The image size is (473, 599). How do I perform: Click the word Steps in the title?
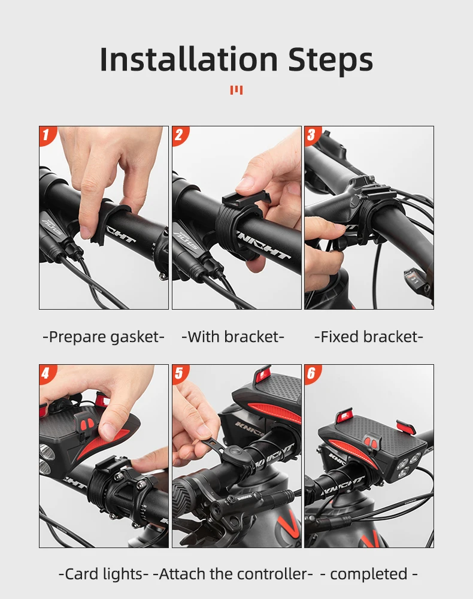(331, 59)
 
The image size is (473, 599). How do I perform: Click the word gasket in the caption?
(134, 337)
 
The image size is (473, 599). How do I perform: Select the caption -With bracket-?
(233, 337)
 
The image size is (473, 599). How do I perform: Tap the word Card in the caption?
(81, 574)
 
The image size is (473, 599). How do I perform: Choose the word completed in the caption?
(369, 574)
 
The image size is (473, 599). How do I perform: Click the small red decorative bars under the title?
(236, 90)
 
